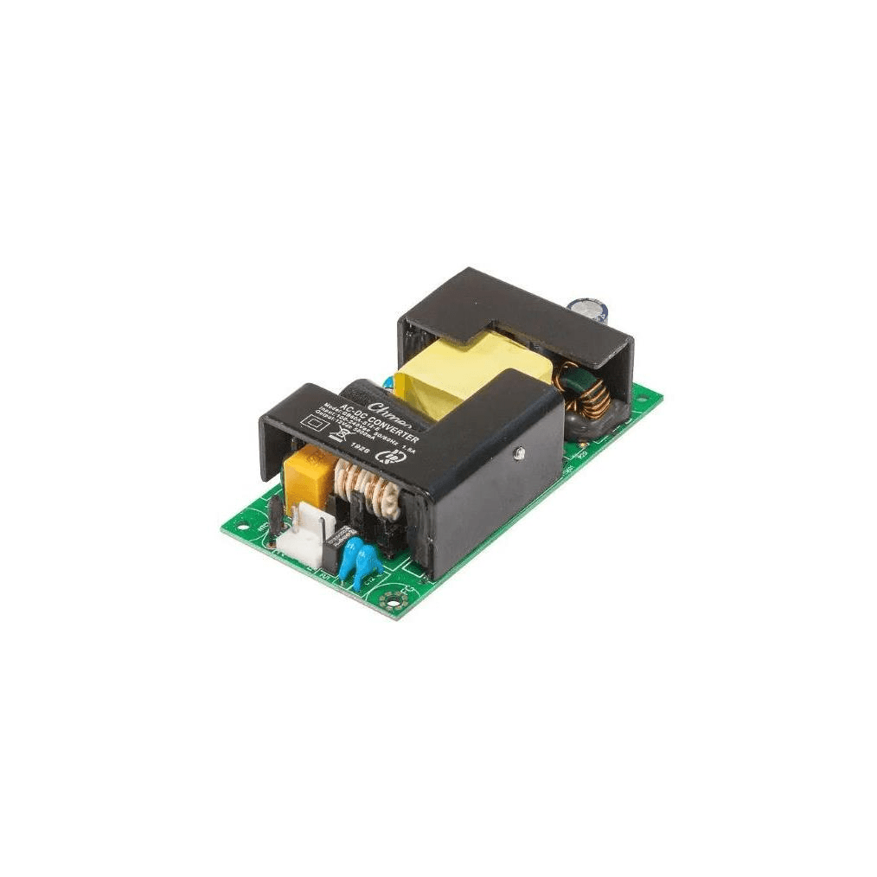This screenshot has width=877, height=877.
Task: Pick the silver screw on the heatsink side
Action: pos(518,451)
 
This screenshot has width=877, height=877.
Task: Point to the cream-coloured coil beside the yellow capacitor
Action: pos(368,490)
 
